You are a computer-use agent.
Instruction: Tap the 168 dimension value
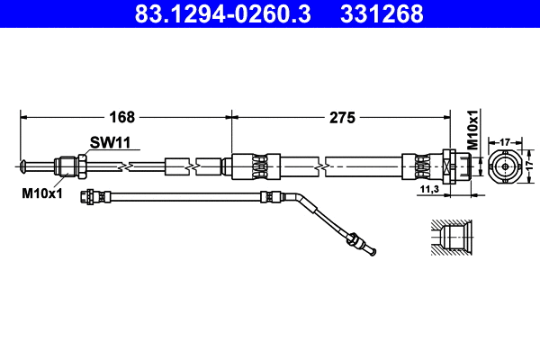[x=122, y=117]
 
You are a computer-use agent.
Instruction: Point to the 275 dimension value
[x=343, y=117]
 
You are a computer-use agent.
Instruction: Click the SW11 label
[x=109, y=142]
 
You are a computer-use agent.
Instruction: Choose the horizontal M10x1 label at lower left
[x=40, y=191]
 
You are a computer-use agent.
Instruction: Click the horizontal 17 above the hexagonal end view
[x=505, y=141]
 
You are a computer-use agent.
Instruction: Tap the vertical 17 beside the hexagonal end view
[x=531, y=166]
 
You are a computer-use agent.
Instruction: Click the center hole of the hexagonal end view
[x=505, y=166]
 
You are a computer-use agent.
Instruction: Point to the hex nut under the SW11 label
[x=80, y=165]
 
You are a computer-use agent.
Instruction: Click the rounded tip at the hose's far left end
[x=22, y=165]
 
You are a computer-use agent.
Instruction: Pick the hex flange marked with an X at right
[x=447, y=166]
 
